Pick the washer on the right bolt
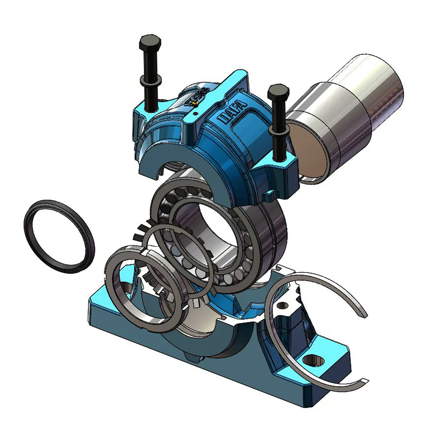point(278,130)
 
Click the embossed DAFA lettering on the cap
point(233,113)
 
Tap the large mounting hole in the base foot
point(313,360)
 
